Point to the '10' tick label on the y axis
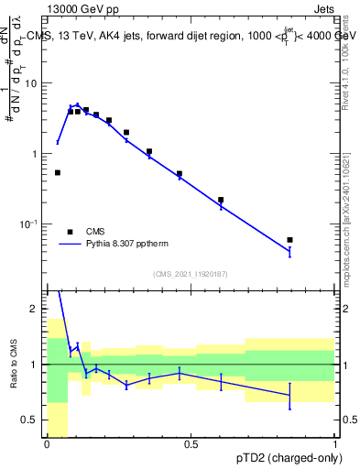click(x=32, y=83)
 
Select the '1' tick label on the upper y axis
click(x=35, y=154)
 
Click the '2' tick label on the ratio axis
click(x=35, y=310)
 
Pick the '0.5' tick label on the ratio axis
click(x=30, y=420)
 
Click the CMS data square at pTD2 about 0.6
click(x=221, y=200)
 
